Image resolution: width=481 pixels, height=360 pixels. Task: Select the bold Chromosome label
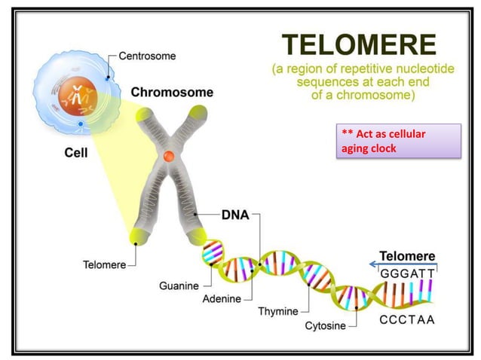(x=172, y=93)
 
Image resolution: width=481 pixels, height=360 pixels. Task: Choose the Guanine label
(x=179, y=285)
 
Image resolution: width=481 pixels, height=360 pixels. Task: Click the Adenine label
(x=221, y=298)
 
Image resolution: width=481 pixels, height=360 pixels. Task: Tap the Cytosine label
(x=325, y=325)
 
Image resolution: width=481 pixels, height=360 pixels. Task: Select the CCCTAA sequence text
(x=407, y=320)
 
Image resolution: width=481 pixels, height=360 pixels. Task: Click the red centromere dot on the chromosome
(x=170, y=157)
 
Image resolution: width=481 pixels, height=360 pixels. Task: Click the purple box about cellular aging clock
(x=399, y=141)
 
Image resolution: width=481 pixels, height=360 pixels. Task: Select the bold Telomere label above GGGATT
(x=407, y=256)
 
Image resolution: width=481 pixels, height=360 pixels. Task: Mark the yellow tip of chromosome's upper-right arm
(x=198, y=114)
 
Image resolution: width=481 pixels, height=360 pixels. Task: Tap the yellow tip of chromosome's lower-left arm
(x=139, y=235)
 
